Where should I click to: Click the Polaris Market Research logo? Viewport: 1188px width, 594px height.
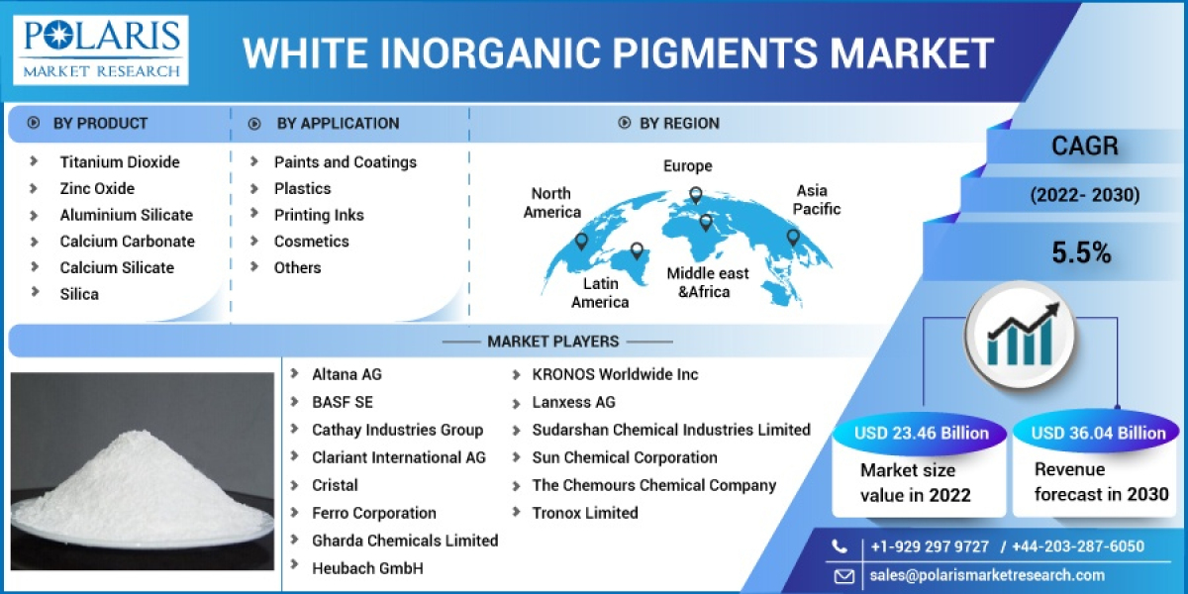point(102,49)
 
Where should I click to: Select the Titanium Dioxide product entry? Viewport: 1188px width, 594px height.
point(120,161)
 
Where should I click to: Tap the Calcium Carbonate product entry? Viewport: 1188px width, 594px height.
point(127,241)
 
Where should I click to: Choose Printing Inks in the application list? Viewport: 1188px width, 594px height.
point(319,215)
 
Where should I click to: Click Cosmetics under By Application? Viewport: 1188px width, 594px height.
point(311,241)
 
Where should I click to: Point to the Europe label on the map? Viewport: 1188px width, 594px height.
point(687,165)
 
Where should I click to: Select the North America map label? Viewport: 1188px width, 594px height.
point(551,202)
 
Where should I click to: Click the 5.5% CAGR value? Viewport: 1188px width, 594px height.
point(1081,252)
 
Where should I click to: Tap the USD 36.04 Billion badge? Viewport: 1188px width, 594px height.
point(1098,433)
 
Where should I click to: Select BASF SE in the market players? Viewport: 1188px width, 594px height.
point(343,402)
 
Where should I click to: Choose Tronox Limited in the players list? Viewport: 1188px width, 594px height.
point(584,513)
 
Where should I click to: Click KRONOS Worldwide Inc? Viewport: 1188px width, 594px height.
point(615,374)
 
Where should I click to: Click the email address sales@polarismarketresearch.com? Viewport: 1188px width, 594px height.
point(987,575)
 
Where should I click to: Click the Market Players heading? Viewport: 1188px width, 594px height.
point(552,342)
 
